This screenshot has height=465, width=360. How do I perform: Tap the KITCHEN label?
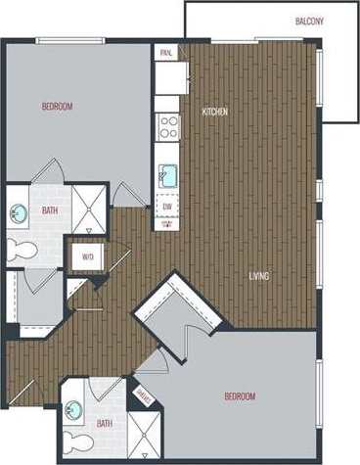click(x=215, y=112)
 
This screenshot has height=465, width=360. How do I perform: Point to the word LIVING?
click(x=260, y=276)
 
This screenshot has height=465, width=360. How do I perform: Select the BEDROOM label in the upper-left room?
click(x=57, y=106)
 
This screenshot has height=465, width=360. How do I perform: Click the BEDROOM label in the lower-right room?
click(x=240, y=396)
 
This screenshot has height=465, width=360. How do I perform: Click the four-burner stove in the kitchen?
click(x=168, y=126)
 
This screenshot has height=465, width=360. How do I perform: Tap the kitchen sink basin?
click(x=168, y=175)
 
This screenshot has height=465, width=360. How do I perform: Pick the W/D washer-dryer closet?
click(x=87, y=258)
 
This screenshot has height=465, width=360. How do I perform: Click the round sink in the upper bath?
click(x=19, y=212)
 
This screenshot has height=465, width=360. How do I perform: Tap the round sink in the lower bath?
click(x=73, y=410)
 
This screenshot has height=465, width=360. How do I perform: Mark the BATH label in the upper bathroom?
click(x=49, y=210)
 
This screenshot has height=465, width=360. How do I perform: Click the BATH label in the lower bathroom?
click(x=105, y=423)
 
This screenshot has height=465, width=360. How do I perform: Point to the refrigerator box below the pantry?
click(x=171, y=77)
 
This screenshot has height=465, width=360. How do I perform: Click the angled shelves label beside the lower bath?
click(x=141, y=395)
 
